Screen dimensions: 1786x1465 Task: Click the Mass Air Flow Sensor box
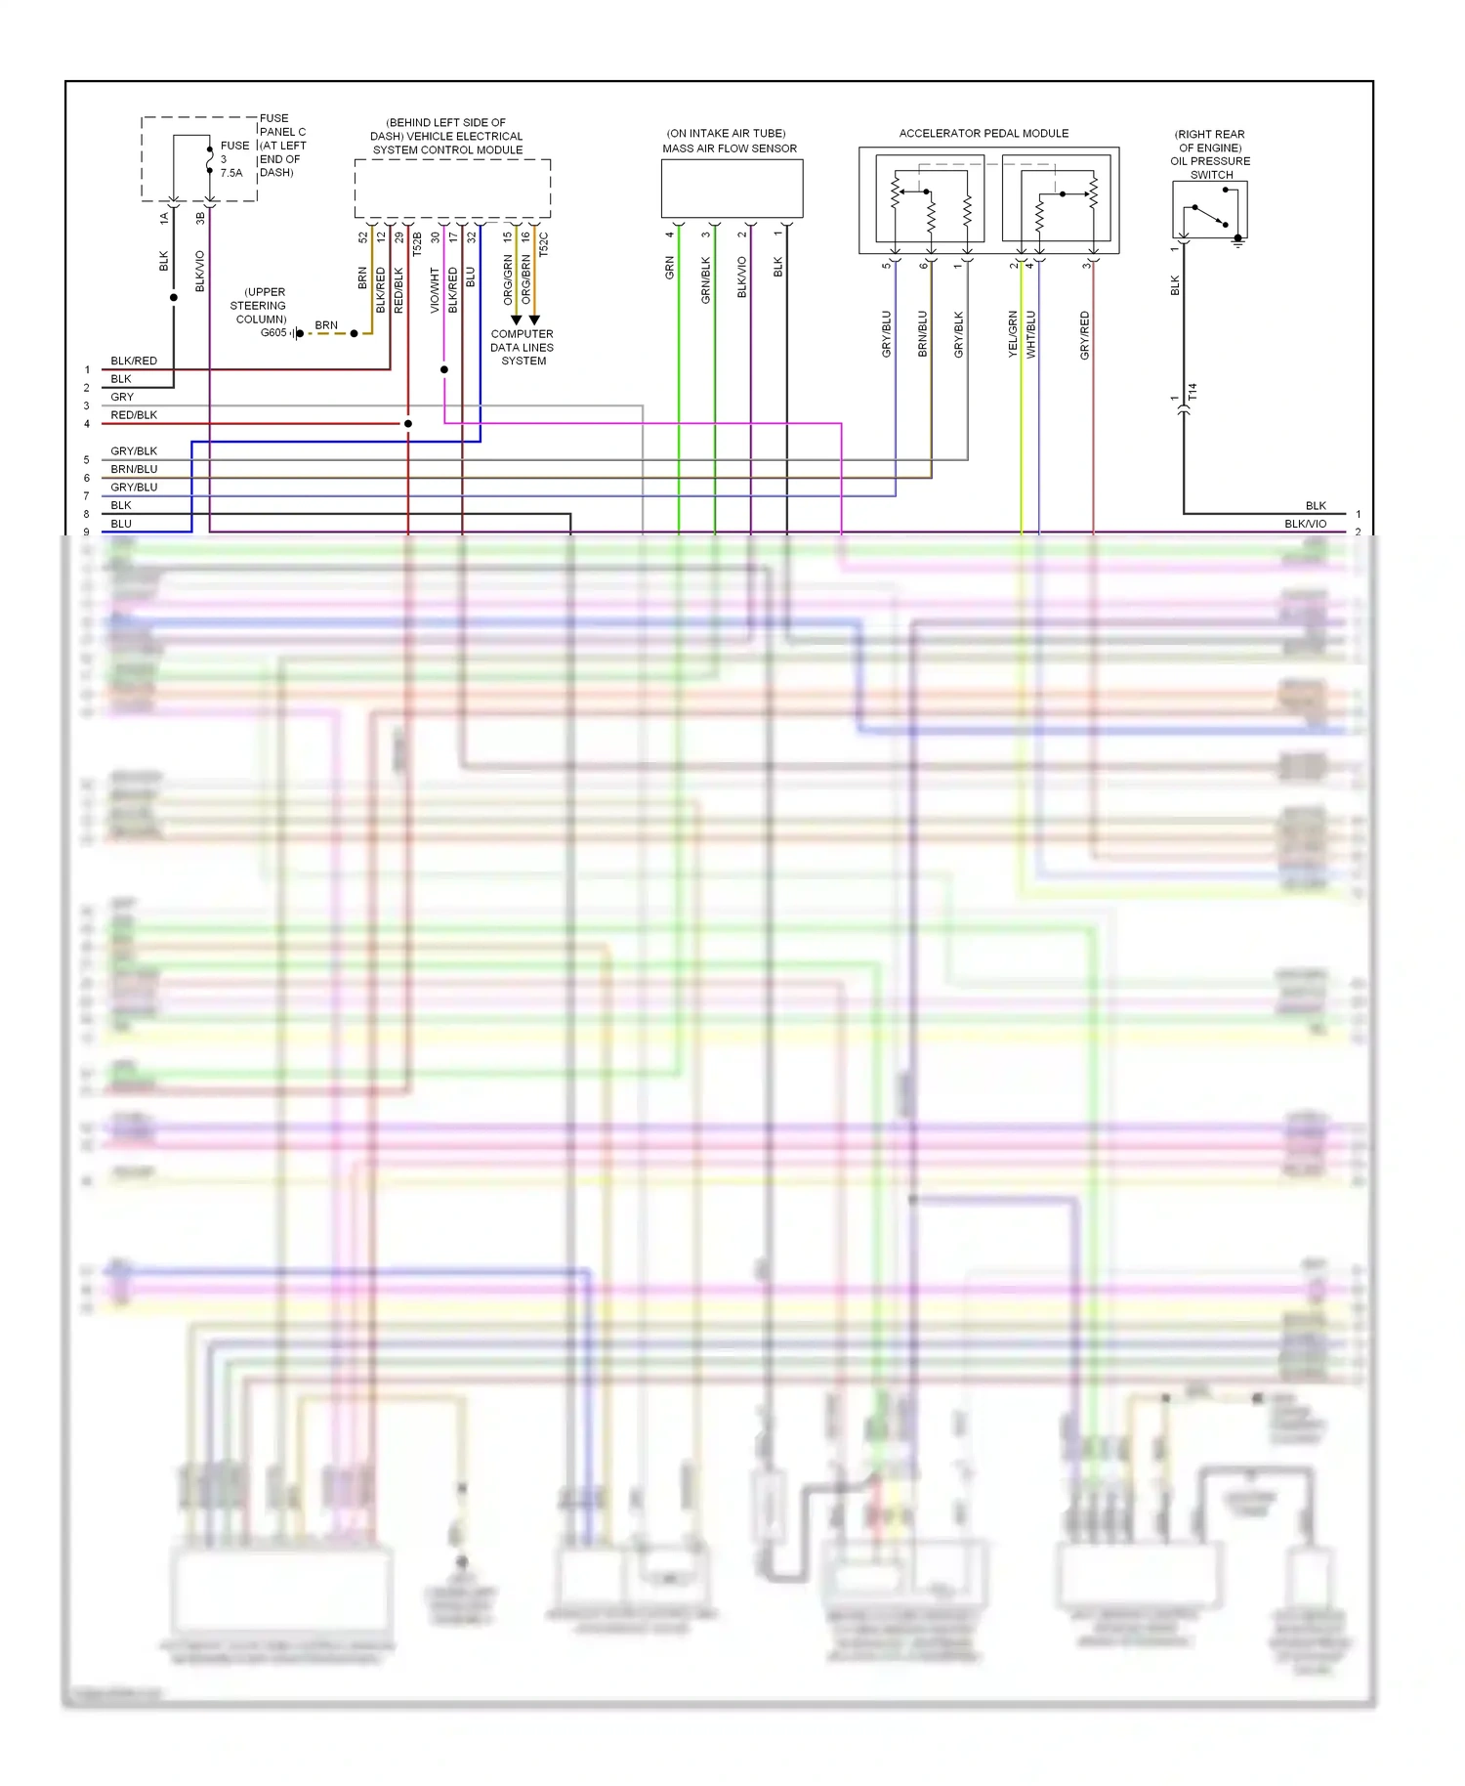(732, 189)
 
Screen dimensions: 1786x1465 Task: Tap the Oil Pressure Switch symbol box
(1209, 209)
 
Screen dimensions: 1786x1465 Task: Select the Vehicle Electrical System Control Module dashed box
(452, 189)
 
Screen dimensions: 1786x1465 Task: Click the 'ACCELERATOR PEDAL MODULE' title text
(984, 133)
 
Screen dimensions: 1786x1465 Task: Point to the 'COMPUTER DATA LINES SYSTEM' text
(523, 348)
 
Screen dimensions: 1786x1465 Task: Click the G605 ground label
(273, 333)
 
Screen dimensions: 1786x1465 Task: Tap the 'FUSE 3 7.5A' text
(232, 159)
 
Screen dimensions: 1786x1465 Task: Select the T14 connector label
(1193, 392)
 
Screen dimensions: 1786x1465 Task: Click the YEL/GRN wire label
(1013, 334)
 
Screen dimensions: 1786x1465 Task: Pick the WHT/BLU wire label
(1031, 334)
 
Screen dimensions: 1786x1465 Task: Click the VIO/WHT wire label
(436, 290)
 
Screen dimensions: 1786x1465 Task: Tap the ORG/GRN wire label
(508, 279)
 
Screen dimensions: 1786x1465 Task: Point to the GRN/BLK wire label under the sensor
(706, 280)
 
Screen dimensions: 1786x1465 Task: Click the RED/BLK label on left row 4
(134, 415)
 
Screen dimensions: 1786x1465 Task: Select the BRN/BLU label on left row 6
(134, 469)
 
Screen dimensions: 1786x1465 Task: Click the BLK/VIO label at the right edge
(1305, 524)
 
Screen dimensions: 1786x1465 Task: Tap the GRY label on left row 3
(122, 397)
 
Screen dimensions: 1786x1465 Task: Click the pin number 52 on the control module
(363, 236)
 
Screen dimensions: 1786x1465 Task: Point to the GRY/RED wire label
(1085, 335)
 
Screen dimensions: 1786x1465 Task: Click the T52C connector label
(544, 243)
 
